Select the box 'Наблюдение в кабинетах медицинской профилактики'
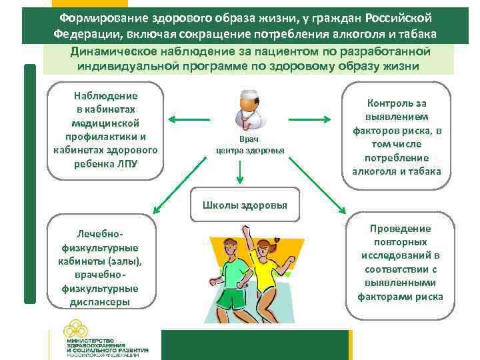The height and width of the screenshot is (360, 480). pos(105,131)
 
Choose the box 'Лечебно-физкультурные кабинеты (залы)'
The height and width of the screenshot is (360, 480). pos(101,263)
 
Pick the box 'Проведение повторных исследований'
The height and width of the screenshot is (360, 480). pos(400,262)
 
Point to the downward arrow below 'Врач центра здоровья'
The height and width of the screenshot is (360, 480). pos(241,174)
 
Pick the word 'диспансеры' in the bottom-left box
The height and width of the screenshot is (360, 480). pos(101,302)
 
